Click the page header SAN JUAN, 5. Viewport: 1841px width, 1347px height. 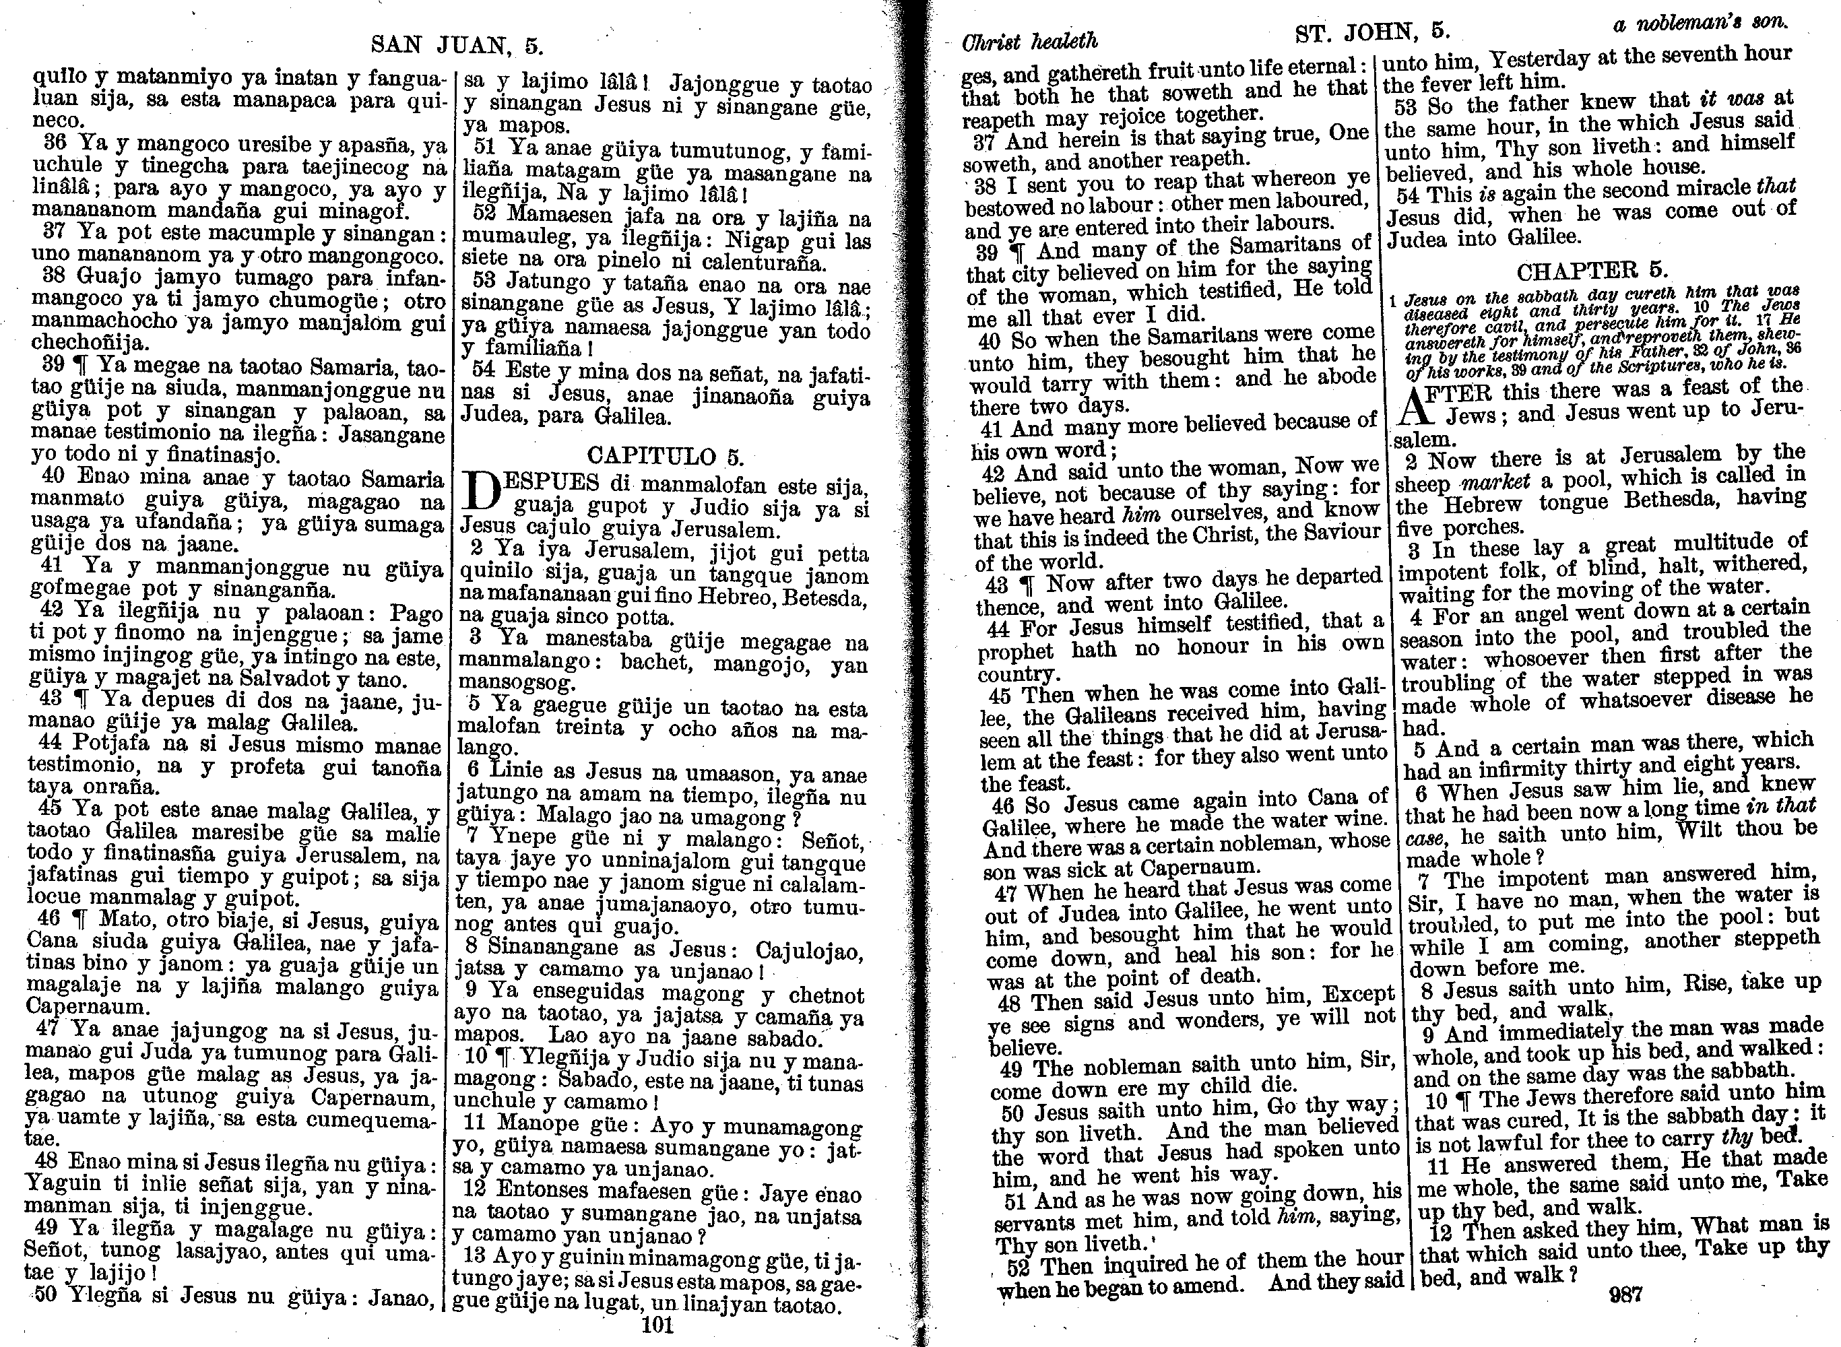tap(457, 44)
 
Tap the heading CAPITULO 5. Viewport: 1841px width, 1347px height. tap(664, 455)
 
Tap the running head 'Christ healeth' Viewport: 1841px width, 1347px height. tap(1031, 42)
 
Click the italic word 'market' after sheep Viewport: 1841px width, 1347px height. tap(1530, 481)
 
